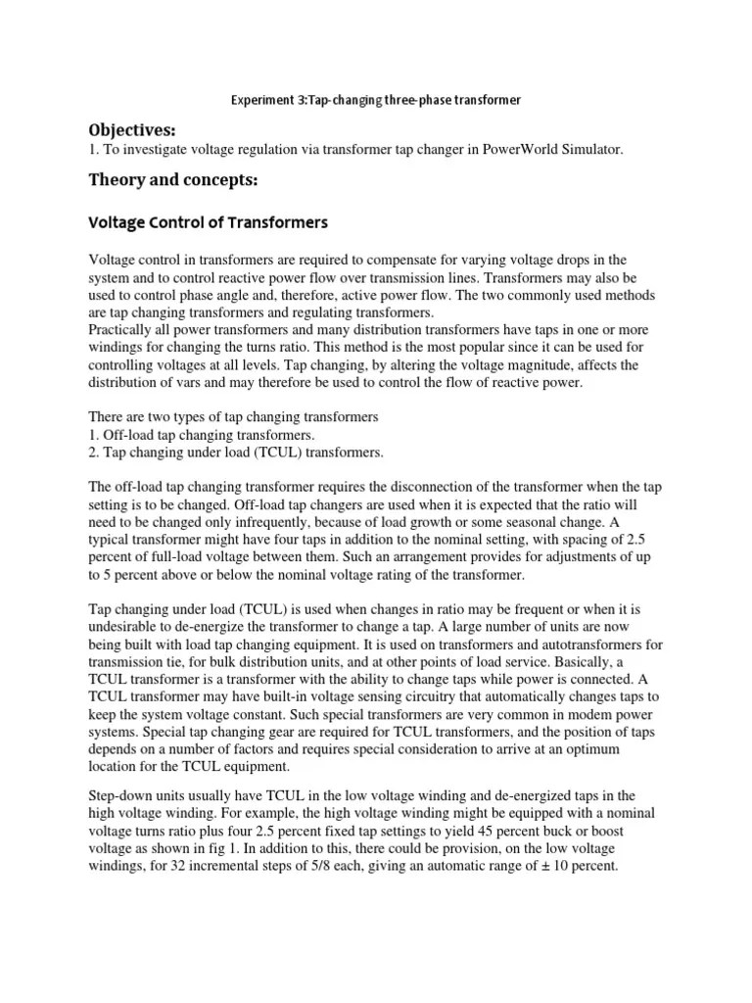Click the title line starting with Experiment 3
[375, 100]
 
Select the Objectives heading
[129, 130]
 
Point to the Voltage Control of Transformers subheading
[209, 222]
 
